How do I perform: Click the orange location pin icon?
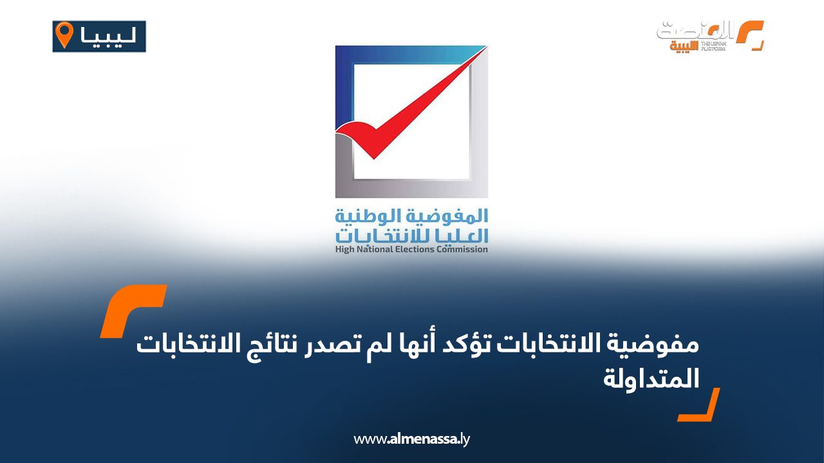(64, 35)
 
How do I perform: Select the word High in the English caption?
(344, 250)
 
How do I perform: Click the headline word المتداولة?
(651, 379)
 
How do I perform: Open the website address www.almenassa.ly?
(411, 439)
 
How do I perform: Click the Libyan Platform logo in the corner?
(710, 36)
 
